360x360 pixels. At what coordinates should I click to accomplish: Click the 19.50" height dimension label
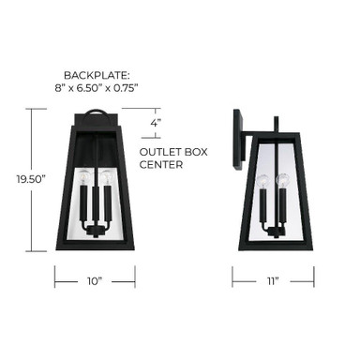(x=31, y=179)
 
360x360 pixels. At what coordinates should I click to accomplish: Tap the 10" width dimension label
(x=95, y=281)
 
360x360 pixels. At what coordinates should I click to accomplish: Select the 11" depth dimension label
(x=273, y=281)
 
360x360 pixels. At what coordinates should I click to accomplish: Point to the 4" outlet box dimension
(x=156, y=123)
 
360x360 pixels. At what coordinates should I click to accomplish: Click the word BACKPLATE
(x=96, y=75)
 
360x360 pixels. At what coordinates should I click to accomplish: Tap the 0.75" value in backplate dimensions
(x=126, y=88)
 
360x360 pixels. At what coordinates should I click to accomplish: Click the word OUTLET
(x=157, y=152)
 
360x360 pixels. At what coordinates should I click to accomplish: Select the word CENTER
(x=161, y=164)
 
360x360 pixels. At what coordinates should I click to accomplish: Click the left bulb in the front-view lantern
(x=83, y=176)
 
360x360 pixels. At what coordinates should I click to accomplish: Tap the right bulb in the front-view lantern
(x=107, y=176)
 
